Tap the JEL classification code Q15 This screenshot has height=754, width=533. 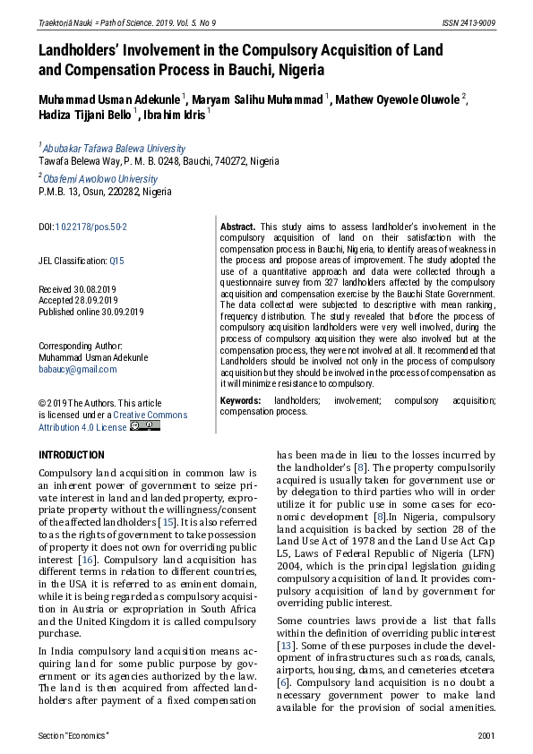(117, 261)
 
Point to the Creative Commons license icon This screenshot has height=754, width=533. (145, 426)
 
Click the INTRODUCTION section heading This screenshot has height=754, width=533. (72, 455)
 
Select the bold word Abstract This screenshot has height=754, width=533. (237, 227)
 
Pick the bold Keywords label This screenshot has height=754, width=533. (241, 400)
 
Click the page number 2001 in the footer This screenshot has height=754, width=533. (486, 735)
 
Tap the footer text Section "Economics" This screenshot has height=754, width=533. (73, 735)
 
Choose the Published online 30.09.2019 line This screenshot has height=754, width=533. (90, 311)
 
